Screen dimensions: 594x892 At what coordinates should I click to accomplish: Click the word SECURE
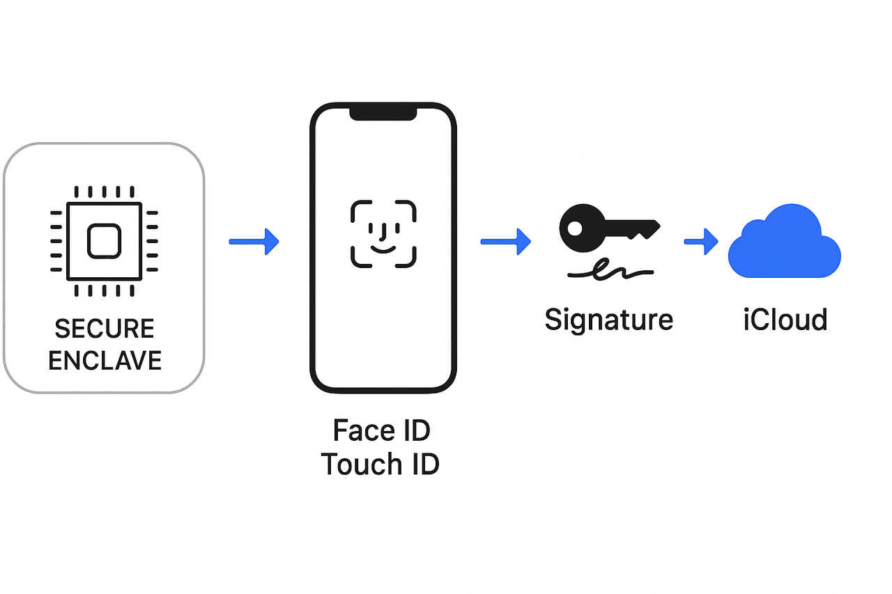pyautogui.click(x=105, y=329)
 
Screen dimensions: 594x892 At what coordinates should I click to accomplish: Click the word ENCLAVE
pyautogui.click(x=105, y=360)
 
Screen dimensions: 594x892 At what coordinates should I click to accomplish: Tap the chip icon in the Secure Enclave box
pyautogui.click(x=104, y=241)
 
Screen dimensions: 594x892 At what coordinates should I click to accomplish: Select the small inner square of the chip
pyautogui.click(x=104, y=241)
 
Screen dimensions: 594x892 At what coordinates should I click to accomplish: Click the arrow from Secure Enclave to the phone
pyautogui.click(x=254, y=242)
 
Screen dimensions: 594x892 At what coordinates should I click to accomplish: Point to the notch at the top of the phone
pyautogui.click(x=383, y=112)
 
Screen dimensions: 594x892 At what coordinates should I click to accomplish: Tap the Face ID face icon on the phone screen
pyautogui.click(x=383, y=234)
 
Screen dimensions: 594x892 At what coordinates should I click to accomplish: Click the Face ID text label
pyautogui.click(x=381, y=430)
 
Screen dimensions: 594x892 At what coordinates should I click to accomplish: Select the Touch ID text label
pyautogui.click(x=380, y=464)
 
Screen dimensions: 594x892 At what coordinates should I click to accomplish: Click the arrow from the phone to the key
pyautogui.click(x=505, y=242)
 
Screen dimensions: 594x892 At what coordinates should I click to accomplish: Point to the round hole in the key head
pyautogui.click(x=576, y=228)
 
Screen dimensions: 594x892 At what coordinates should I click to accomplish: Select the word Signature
pyautogui.click(x=608, y=320)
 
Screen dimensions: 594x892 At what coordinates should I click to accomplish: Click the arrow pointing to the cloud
pyautogui.click(x=701, y=242)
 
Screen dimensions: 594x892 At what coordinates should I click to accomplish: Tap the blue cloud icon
pyautogui.click(x=784, y=243)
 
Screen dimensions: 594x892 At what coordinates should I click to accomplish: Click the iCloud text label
pyautogui.click(x=785, y=320)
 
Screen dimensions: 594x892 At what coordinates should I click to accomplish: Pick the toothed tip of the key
pyautogui.click(x=645, y=230)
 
